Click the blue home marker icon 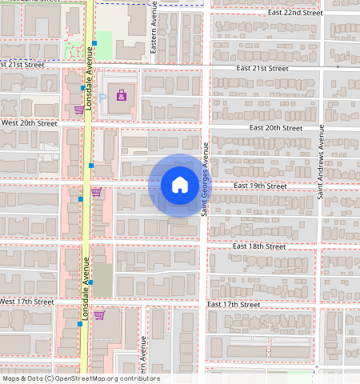(180, 185)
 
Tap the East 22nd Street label (295, 13)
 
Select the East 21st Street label (262, 69)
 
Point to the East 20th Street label (275, 128)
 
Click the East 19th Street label (260, 186)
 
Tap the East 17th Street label (234, 305)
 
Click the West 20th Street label (30, 124)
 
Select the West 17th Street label (27, 302)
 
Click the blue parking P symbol (102, 97)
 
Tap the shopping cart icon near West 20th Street (78, 110)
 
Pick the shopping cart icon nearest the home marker (96, 192)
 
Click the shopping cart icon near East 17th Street (99, 315)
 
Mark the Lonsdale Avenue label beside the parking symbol (90, 78)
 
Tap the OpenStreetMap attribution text (80, 378)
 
